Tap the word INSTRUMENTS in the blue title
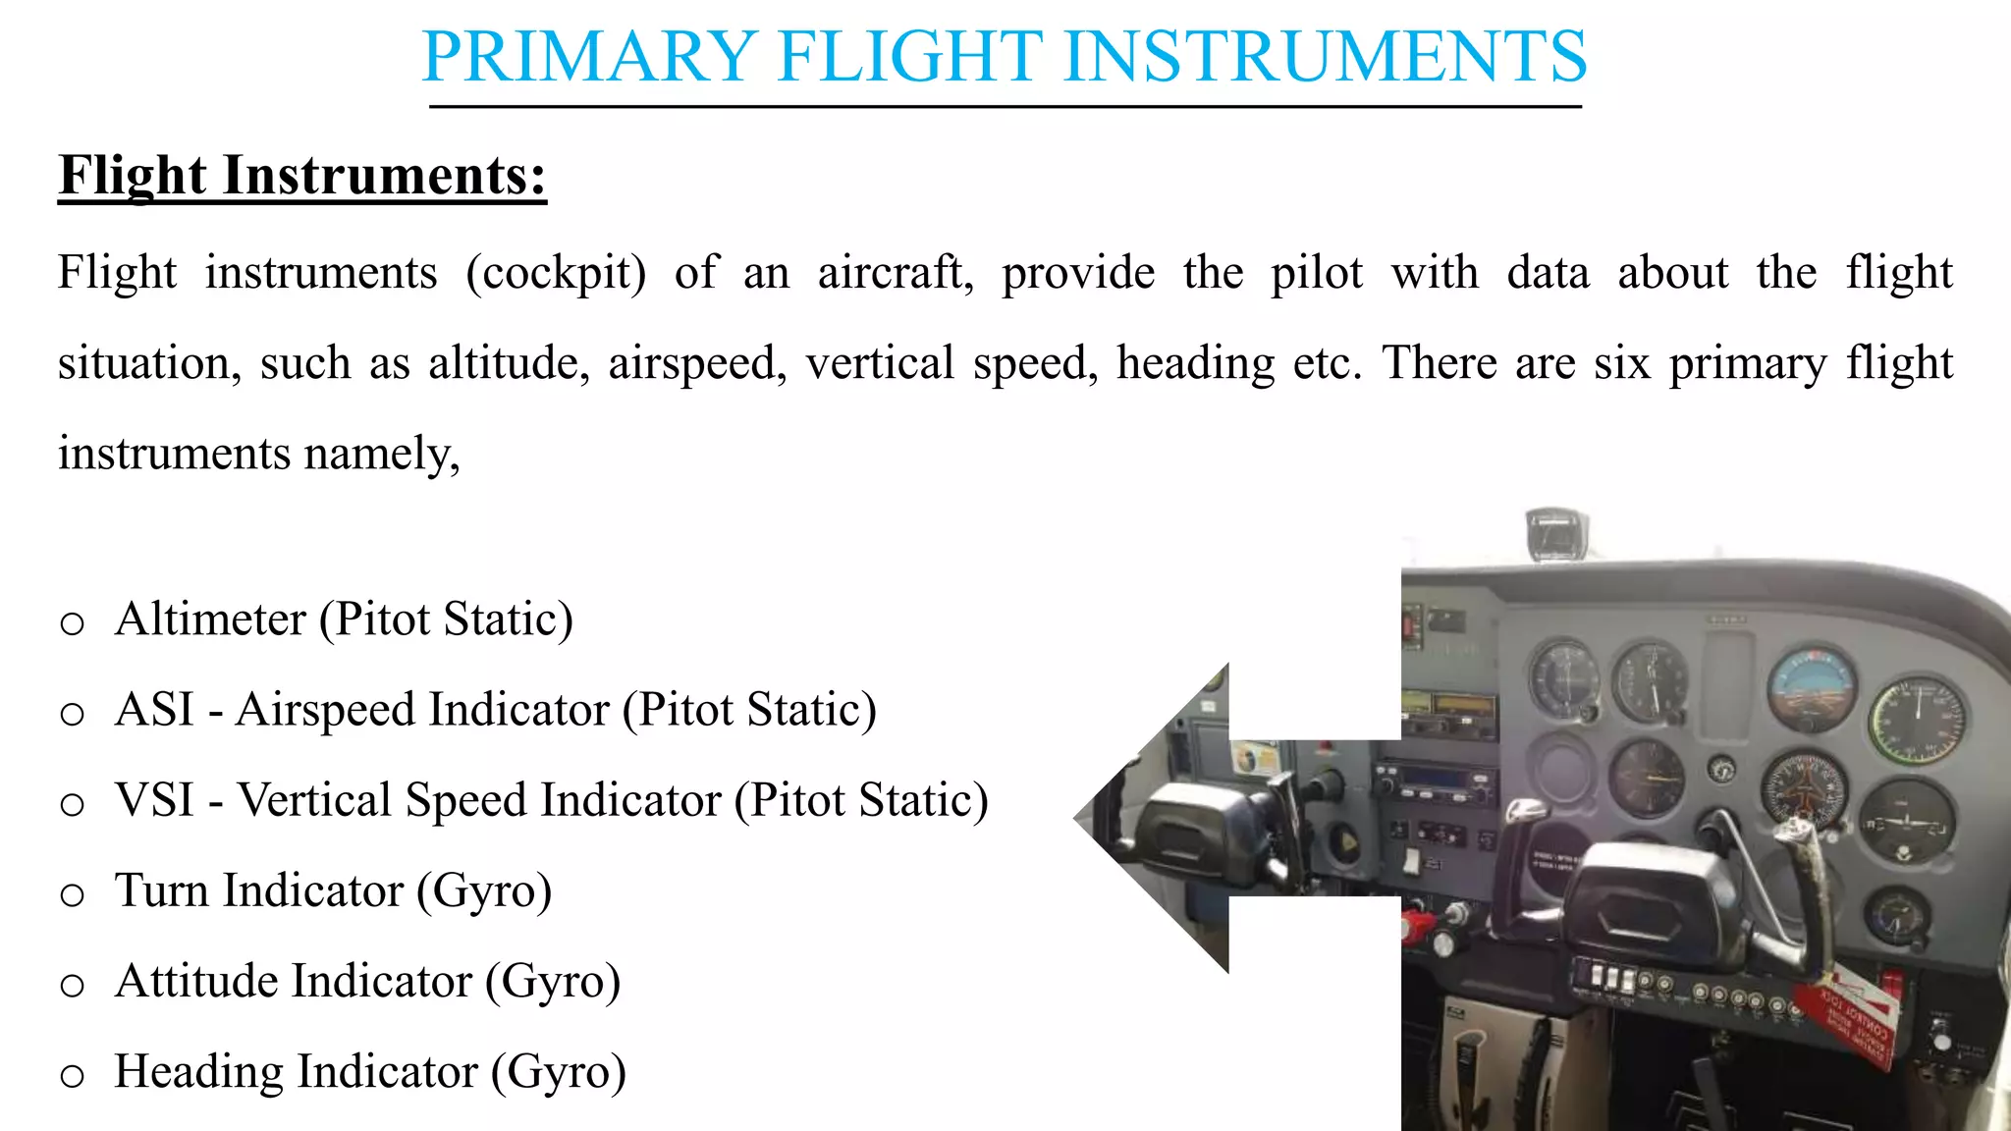click(x=1325, y=57)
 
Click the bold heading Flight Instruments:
click(x=302, y=177)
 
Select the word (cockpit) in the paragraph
click(x=556, y=273)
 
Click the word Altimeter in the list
click(x=210, y=619)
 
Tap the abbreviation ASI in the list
click(x=154, y=710)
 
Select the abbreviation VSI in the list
click(x=154, y=800)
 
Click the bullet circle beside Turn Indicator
click(x=72, y=894)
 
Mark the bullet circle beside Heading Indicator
click(x=72, y=1075)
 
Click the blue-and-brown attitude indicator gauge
click(x=1812, y=688)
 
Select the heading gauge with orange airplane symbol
click(x=1804, y=788)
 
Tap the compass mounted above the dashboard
click(x=1555, y=533)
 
